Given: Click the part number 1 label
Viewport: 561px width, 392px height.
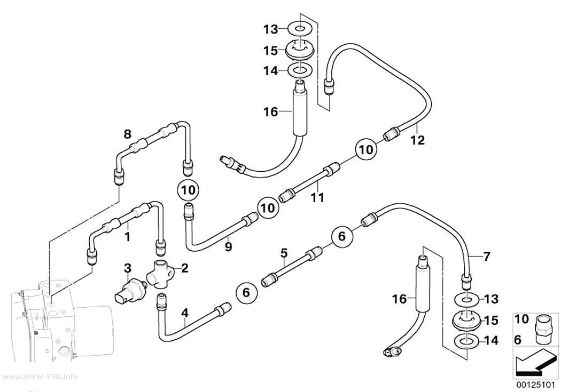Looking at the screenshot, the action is tap(127, 236).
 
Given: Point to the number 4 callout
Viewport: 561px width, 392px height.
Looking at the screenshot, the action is tap(185, 313).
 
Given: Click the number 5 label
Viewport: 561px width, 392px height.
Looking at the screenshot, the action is tap(284, 253).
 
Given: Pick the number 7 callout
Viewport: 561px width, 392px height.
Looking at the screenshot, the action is tap(486, 257).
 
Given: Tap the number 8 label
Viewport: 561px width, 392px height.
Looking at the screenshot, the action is tap(127, 134).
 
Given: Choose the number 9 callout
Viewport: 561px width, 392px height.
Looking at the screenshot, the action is tap(228, 246).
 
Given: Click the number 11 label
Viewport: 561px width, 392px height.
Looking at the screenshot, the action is tap(317, 197).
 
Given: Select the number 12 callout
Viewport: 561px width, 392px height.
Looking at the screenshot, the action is tap(417, 140).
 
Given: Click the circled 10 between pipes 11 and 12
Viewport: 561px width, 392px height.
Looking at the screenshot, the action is tap(366, 149).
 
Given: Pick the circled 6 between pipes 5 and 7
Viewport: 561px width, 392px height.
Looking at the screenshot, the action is tap(342, 236).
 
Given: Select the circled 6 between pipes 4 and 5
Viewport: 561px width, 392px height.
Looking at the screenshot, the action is tap(246, 292).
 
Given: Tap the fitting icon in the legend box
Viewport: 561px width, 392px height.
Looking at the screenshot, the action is tap(544, 325).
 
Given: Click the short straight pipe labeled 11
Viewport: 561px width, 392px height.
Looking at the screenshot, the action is tap(309, 182).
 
